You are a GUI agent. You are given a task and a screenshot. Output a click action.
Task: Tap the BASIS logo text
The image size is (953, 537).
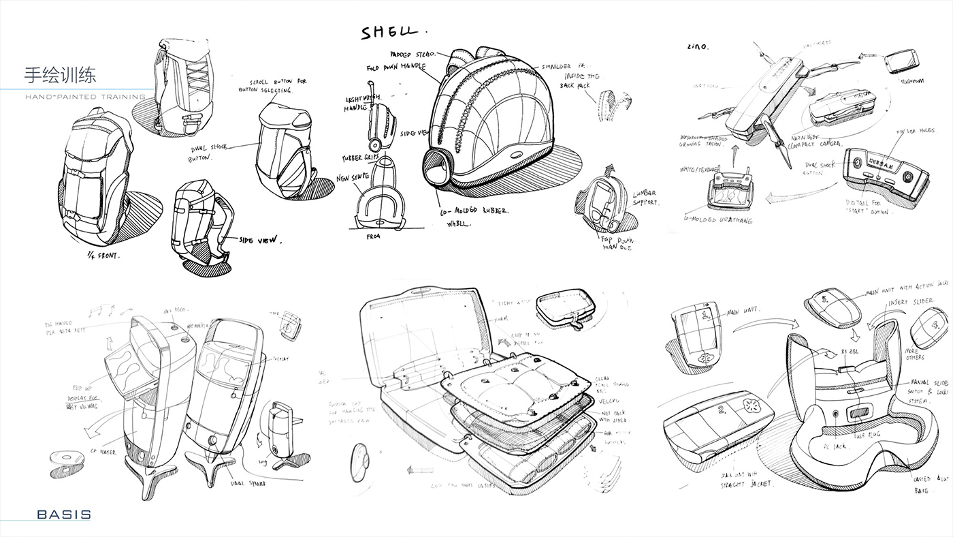click(x=64, y=515)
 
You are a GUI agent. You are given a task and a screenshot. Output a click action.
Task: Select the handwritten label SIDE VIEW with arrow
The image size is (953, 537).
click(x=259, y=240)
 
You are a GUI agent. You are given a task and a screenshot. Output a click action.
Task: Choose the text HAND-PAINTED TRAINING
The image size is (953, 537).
click(x=84, y=97)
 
